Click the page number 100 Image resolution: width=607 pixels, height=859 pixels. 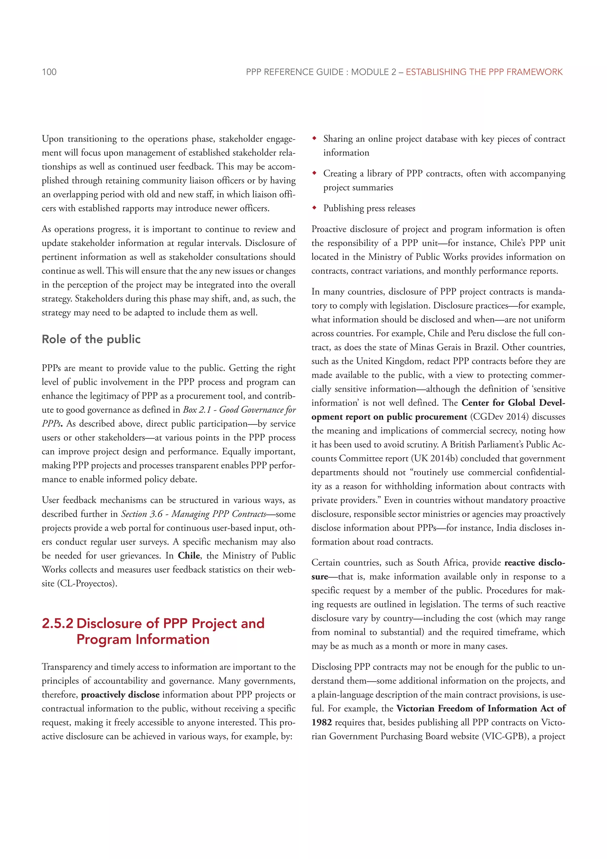click(49, 72)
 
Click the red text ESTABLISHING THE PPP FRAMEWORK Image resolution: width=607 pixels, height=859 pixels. click(484, 72)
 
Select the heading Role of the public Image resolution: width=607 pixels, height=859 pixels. click(91, 339)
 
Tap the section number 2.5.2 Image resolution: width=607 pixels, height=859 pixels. click(57, 623)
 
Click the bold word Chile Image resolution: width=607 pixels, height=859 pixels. click(189, 556)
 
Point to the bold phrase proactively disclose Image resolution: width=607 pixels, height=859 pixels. click(120, 695)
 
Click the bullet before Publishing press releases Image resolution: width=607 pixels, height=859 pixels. click(314, 208)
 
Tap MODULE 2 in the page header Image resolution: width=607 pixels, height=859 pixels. click(373, 72)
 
